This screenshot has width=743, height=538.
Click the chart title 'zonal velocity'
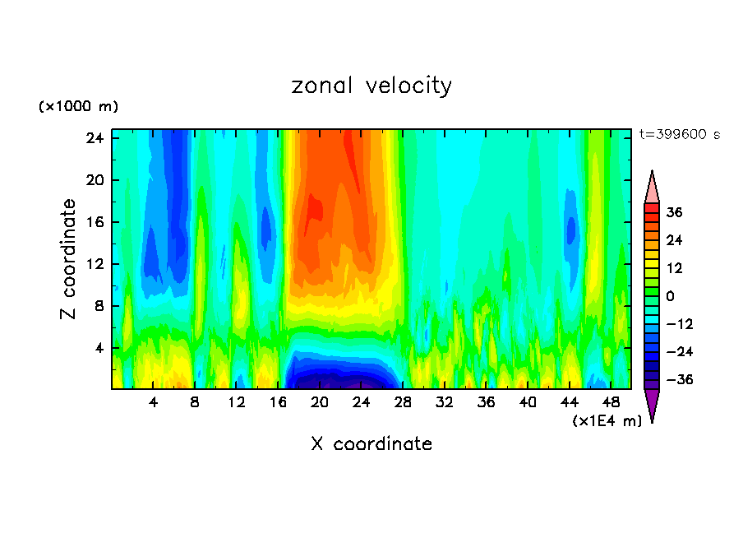(x=371, y=86)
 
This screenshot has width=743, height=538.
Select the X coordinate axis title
(x=371, y=444)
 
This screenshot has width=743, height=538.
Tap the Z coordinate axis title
(x=69, y=259)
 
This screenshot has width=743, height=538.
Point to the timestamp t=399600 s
(x=679, y=134)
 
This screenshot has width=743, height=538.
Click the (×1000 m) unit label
(x=78, y=107)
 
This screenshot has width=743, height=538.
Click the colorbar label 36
(x=674, y=212)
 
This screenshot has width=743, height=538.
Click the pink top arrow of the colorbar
(x=652, y=188)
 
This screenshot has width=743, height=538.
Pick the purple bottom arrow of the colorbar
(x=652, y=404)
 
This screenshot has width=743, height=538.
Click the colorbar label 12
(x=674, y=268)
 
